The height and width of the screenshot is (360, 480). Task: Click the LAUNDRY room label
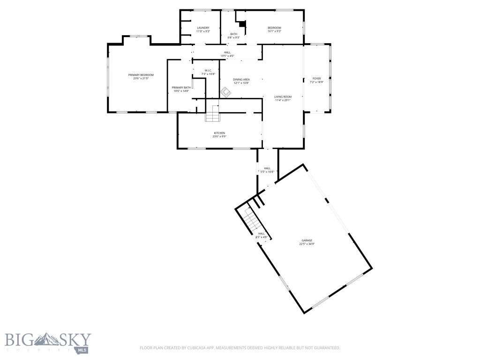203,28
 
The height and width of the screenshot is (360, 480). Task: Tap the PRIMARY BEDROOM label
141,75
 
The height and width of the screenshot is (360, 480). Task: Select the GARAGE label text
307,240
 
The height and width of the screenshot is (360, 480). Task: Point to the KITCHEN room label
219,133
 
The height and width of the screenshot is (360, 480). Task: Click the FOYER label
317,78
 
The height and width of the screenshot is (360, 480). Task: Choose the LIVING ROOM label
283,97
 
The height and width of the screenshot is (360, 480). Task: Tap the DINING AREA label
241,79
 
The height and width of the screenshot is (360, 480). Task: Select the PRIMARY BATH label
181,88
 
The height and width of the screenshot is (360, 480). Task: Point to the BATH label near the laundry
233,34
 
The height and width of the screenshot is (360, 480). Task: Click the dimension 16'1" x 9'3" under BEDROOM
274,31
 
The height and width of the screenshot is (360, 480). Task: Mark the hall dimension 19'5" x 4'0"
227,56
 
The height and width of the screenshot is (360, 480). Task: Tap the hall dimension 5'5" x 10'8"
267,172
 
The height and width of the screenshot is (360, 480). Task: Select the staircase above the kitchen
212,113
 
